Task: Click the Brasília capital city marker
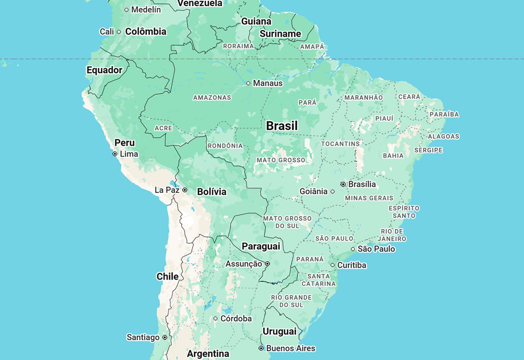pyautogui.click(x=343, y=184)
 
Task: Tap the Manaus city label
pyautogui.click(x=268, y=83)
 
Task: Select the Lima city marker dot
pyautogui.click(x=115, y=154)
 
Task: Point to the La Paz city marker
pyautogui.click(x=185, y=190)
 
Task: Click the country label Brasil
pyautogui.click(x=282, y=126)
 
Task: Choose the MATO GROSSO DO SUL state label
pyautogui.click(x=287, y=222)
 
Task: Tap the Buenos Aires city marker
pyautogui.click(x=261, y=349)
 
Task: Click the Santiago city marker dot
pyautogui.click(x=164, y=338)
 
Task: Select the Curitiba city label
pyautogui.click(x=352, y=265)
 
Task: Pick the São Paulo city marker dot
pyautogui.click(x=353, y=249)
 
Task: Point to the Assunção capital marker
pyautogui.click(x=267, y=264)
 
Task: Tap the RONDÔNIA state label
pyautogui.click(x=225, y=146)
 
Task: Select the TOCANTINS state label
pyautogui.click(x=341, y=144)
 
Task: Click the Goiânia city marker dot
pyautogui.click(x=333, y=192)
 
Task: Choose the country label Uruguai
pyautogui.click(x=280, y=331)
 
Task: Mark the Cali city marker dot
pyautogui.click(x=119, y=32)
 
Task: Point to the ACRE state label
pyautogui.click(x=163, y=128)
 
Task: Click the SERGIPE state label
pyautogui.click(x=428, y=150)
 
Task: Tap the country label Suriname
pyautogui.click(x=281, y=34)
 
